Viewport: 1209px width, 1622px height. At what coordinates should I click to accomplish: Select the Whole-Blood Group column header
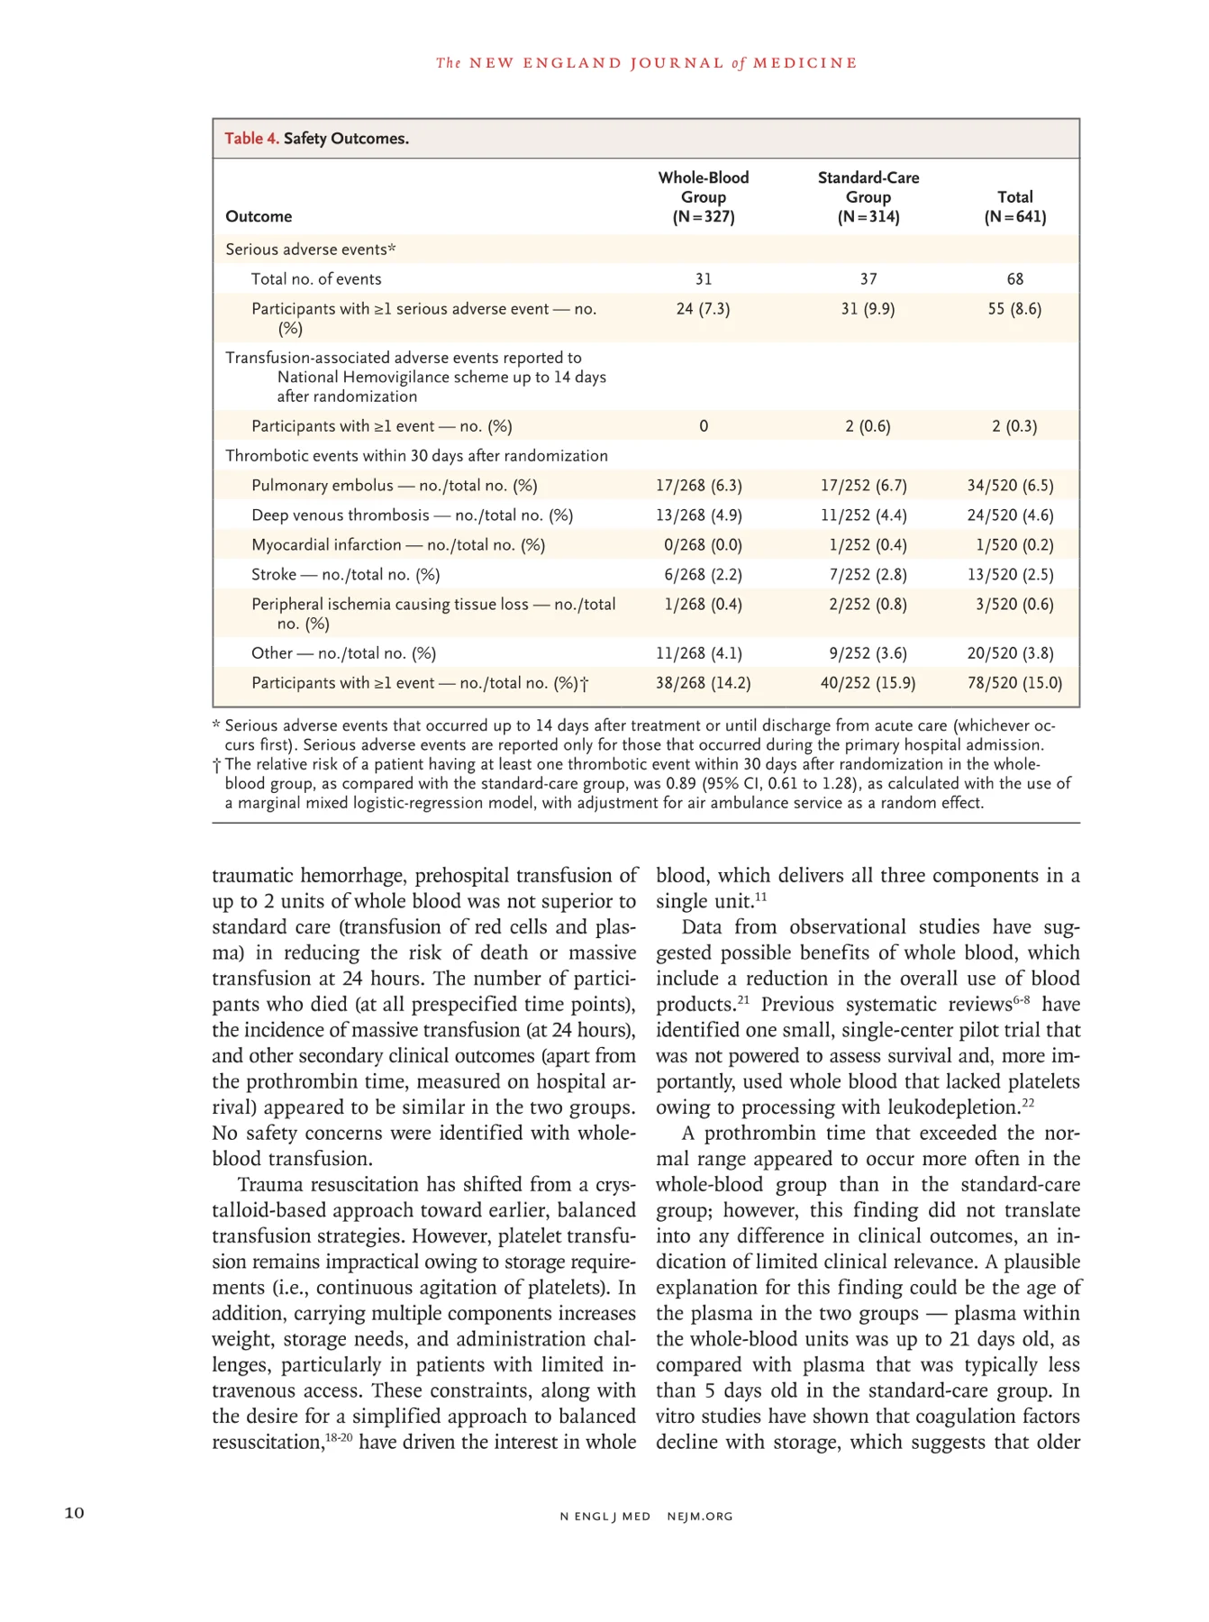tap(703, 196)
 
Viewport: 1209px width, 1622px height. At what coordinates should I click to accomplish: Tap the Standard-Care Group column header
tap(868, 196)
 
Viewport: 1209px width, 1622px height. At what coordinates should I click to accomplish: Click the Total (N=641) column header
tap(1014, 206)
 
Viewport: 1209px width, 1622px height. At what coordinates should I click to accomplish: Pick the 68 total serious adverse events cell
tap(1014, 279)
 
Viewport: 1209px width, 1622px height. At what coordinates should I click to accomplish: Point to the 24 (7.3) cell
tap(703, 309)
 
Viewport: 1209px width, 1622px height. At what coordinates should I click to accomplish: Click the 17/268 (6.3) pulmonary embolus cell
tap(698, 486)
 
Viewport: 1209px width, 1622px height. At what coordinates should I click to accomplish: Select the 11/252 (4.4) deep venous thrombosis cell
tap(863, 515)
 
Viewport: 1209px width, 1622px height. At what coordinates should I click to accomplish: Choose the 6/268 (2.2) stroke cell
tap(698, 575)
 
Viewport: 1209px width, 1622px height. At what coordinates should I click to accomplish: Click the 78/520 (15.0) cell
tap(1014, 683)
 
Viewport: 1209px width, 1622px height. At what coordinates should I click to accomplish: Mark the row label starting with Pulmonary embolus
tap(394, 486)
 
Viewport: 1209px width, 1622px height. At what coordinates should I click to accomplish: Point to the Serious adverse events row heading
tap(311, 250)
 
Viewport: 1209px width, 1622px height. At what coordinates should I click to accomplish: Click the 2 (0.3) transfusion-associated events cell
tap(1014, 426)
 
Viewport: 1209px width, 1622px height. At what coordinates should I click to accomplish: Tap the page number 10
tap(74, 1513)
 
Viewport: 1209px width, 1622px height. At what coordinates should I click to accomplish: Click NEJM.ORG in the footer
tap(700, 1517)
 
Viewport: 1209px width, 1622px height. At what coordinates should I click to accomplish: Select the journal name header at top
tap(646, 63)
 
